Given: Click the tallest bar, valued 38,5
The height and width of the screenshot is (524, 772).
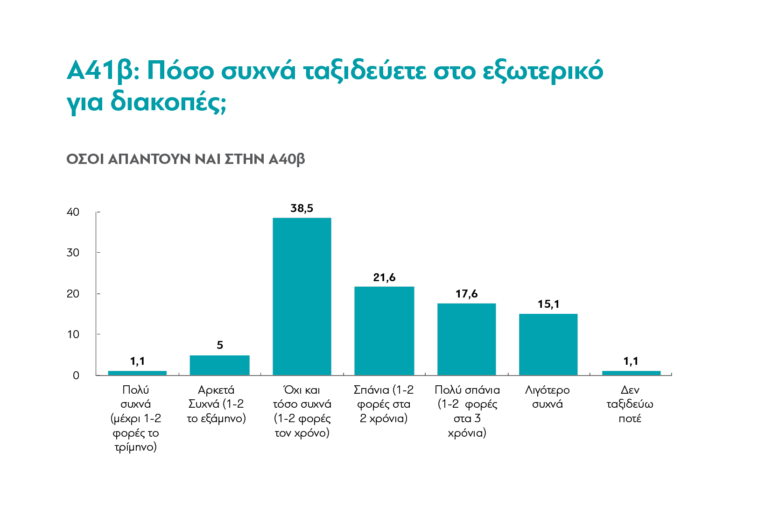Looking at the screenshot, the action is click(302, 297).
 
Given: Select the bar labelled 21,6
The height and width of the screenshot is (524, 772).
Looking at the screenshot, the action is click(384, 331).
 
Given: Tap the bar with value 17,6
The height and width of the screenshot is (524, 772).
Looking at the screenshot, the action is click(467, 339).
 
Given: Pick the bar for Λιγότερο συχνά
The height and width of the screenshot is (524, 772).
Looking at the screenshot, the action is click(548, 344).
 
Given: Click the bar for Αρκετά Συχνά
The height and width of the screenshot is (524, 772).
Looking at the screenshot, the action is click(219, 365).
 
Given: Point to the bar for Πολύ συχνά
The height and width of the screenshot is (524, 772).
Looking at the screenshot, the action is click(137, 373).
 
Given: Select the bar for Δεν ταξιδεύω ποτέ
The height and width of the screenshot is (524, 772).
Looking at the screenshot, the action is click(631, 373).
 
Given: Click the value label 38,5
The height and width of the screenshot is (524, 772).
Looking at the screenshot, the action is click(302, 208).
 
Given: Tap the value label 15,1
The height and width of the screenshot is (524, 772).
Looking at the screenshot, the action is click(548, 304).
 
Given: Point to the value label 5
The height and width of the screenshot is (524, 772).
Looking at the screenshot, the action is click(220, 345).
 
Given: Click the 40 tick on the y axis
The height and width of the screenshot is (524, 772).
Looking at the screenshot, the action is click(73, 212).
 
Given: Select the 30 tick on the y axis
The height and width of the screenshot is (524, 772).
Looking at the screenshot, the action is click(73, 253).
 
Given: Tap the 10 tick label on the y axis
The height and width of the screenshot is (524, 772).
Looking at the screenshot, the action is click(73, 334).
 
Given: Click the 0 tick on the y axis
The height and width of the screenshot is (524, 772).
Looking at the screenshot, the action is click(76, 375).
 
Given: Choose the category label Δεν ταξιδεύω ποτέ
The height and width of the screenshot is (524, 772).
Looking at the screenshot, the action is click(630, 404).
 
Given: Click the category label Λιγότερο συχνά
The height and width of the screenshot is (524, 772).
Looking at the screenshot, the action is click(547, 397).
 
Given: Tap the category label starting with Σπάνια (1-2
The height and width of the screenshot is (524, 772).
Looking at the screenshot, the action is click(384, 404).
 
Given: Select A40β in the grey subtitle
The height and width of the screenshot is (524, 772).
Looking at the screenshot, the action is click(287, 159).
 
